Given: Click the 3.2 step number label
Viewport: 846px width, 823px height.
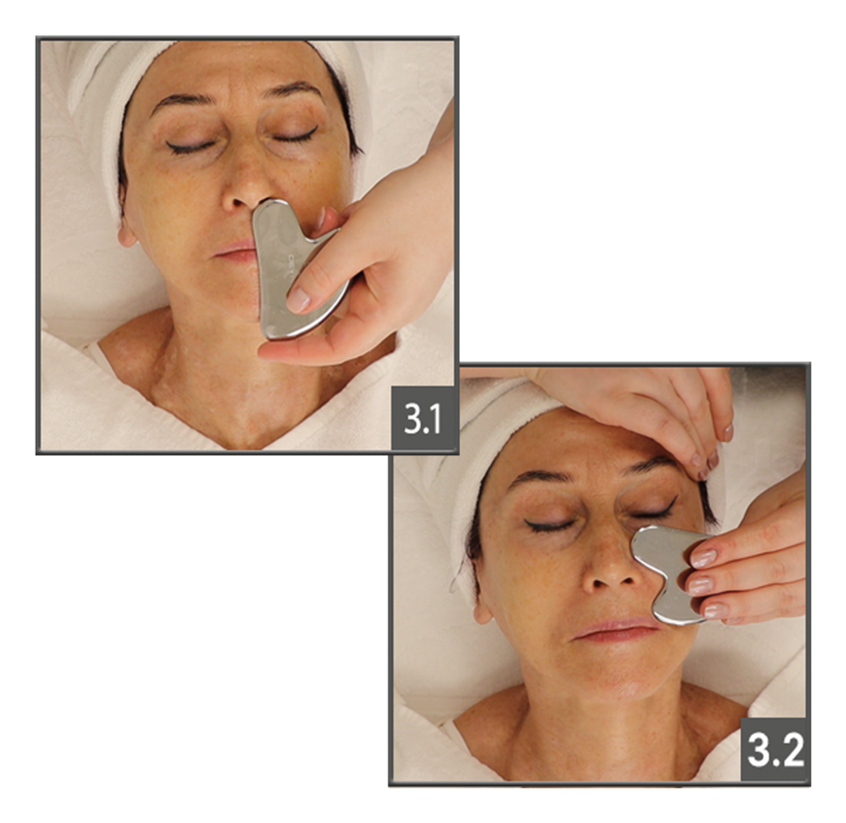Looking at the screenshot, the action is click(774, 749).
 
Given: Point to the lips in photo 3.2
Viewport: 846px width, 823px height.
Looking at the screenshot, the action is click(615, 629).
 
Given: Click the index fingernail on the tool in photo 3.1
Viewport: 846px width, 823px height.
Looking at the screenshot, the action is click(298, 299).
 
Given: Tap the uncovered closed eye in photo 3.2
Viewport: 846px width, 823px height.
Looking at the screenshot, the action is click(548, 524).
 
